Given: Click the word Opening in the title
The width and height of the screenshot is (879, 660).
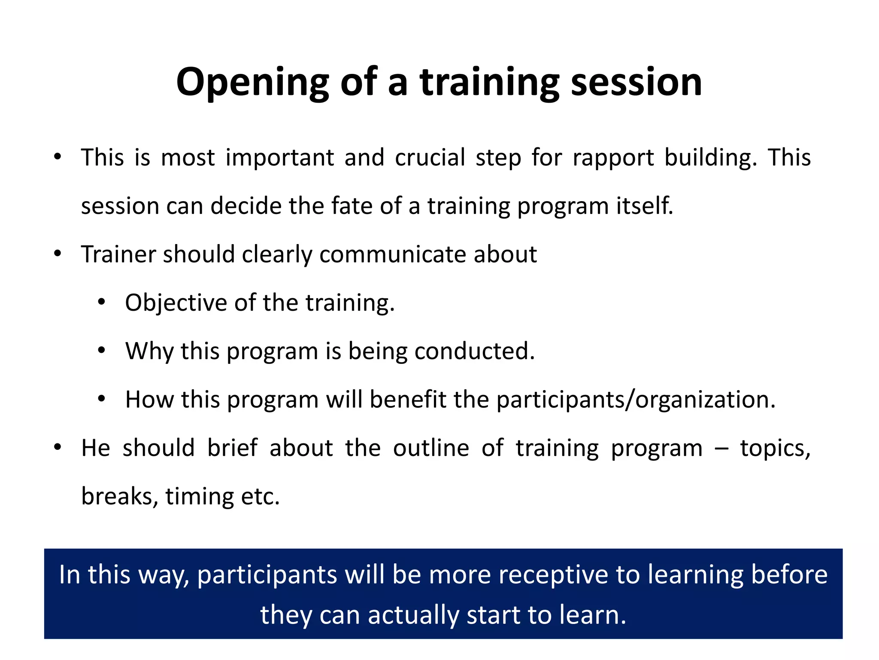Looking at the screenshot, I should pyautogui.click(x=252, y=82).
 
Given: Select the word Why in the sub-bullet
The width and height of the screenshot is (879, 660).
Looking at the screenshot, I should pyautogui.click(x=149, y=351).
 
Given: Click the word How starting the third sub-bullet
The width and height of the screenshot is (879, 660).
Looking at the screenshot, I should pyautogui.click(x=149, y=400).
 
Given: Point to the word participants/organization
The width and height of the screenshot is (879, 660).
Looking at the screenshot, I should pyautogui.click(x=636, y=400).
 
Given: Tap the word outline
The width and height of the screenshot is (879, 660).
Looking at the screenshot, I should pyautogui.click(x=431, y=448).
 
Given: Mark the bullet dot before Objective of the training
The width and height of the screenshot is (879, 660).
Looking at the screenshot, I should pyautogui.click(x=101, y=302).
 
